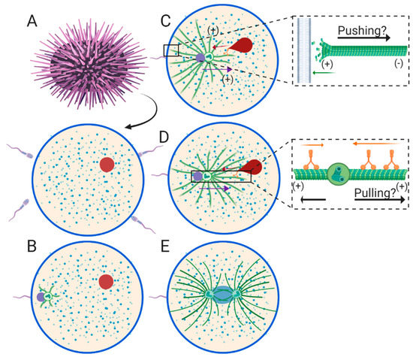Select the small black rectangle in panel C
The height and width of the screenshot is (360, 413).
(x=171, y=50)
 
